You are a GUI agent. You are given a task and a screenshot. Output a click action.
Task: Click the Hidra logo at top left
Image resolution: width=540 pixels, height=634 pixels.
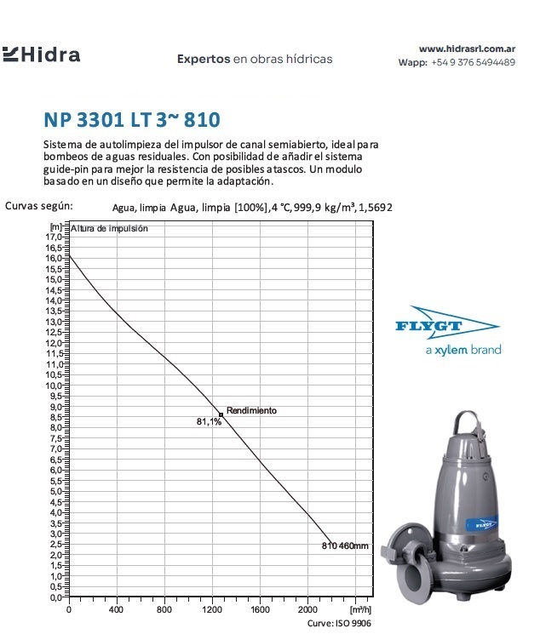pyautogui.click(x=42, y=55)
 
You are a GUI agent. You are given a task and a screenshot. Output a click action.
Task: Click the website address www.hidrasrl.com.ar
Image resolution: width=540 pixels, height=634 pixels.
pyautogui.click(x=467, y=49)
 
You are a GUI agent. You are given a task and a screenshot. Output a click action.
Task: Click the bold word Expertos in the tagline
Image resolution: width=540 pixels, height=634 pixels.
pyautogui.click(x=204, y=60)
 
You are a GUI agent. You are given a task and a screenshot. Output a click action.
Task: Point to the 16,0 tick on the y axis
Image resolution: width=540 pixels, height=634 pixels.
pyautogui.click(x=55, y=258)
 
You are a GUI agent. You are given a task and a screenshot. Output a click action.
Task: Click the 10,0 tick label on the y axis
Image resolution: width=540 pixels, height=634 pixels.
pyautogui.click(x=55, y=386)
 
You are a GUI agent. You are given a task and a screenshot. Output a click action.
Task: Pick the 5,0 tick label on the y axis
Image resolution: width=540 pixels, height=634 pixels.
pyautogui.click(x=55, y=491)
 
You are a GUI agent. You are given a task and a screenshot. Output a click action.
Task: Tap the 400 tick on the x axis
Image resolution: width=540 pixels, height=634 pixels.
pyautogui.click(x=116, y=609)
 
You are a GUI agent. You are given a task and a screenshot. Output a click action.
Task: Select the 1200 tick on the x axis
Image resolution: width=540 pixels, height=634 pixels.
pyautogui.click(x=212, y=609)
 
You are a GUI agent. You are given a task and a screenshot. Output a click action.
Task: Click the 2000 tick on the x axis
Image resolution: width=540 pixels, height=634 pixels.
pyautogui.click(x=307, y=609)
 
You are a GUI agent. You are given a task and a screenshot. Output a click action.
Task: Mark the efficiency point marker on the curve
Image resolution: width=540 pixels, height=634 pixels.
pyautogui.click(x=221, y=414)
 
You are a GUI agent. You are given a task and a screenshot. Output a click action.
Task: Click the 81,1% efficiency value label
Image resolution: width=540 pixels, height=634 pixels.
pyautogui.click(x=209, y=421)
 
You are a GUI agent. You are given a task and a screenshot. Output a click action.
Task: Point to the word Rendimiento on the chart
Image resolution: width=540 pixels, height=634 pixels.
pyautogui.click(x=251, y=410)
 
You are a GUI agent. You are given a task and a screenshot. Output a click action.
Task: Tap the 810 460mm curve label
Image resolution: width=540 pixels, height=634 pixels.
pyautogui.click(x=345, y=545)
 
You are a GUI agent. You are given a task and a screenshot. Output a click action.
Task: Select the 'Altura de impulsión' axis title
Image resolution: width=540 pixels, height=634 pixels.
pyautogui.click(x=110, y=228)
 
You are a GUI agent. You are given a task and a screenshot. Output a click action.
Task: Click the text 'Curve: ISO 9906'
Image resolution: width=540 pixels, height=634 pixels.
pyautogui.click(x=340, y=624)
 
